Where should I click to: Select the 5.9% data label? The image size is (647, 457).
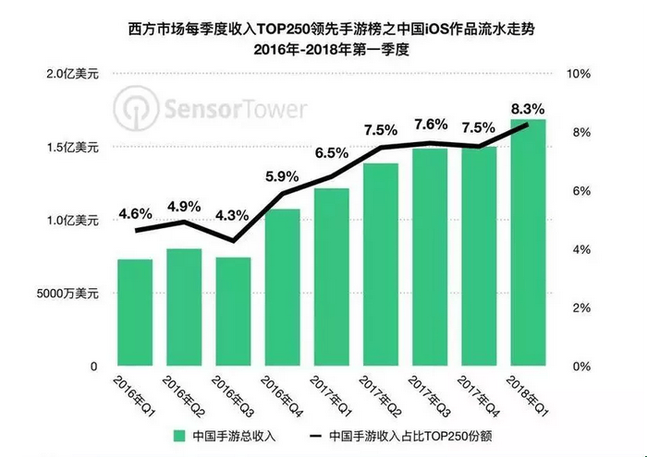click(282, 175)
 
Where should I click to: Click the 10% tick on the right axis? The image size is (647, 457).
click(579, 73)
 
